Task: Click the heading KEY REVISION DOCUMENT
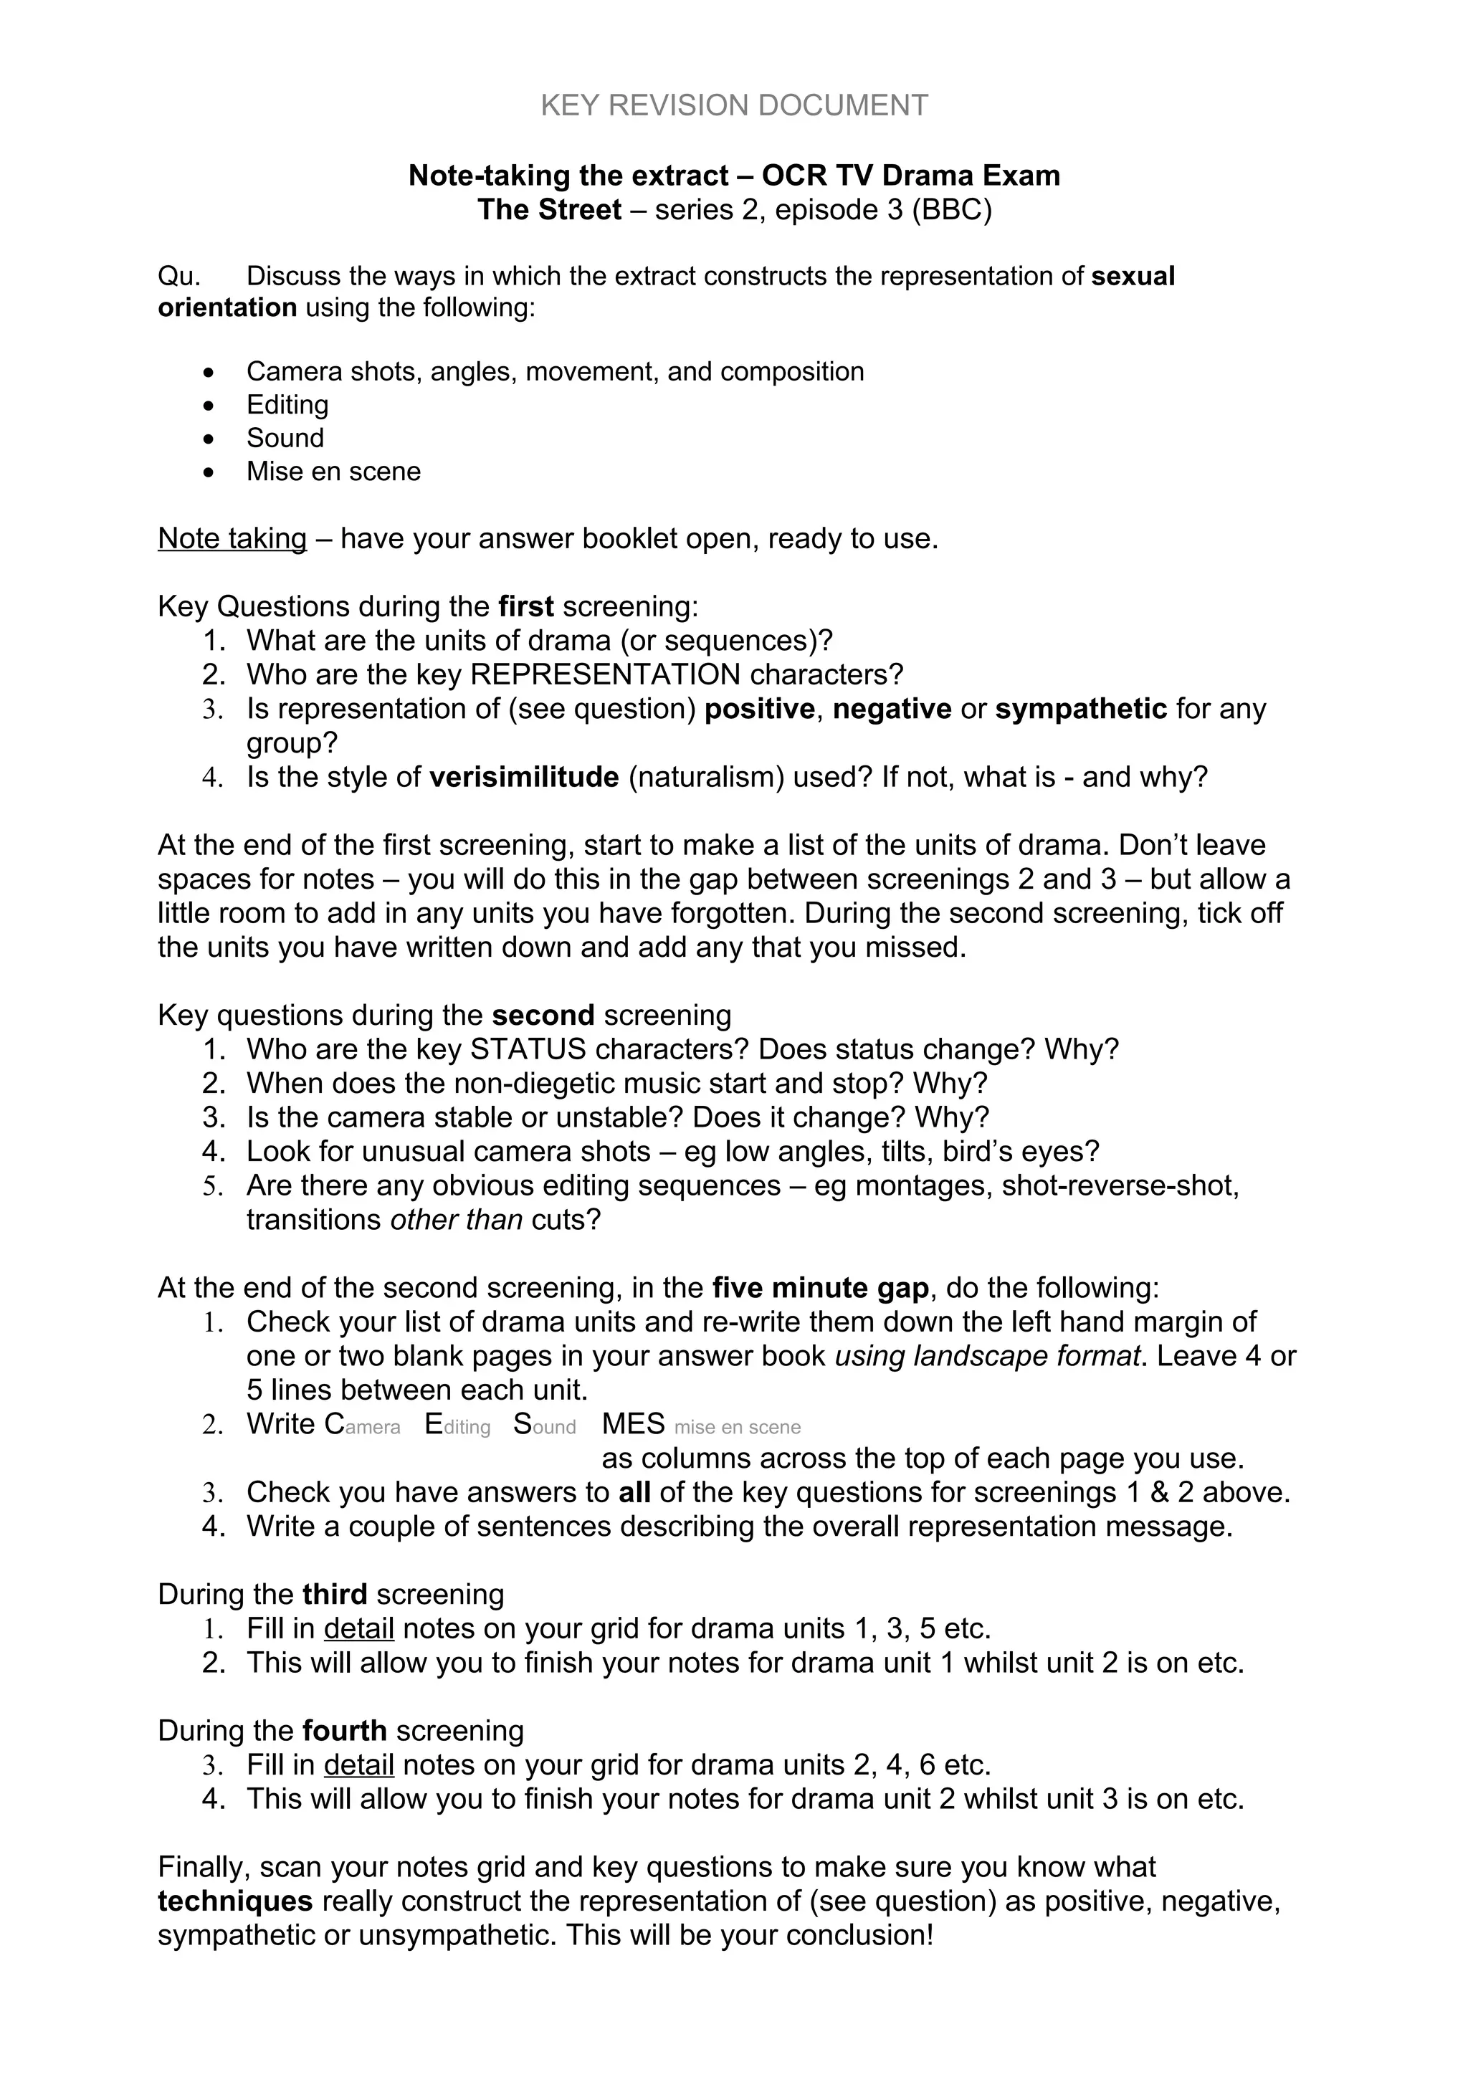coord(733,106)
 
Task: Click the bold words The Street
coord(549,210)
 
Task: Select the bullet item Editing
coord(287,404)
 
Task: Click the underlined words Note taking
coord(232,538)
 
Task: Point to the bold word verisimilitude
coord(524,777)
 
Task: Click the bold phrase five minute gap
coord(821,1287)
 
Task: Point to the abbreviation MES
coord(633,1424)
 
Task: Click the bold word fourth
coord(345,1731)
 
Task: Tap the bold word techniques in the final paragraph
coord(235,1901)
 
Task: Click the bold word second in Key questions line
coord(543,1015)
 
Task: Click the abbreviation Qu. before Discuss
coord(179,276)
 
